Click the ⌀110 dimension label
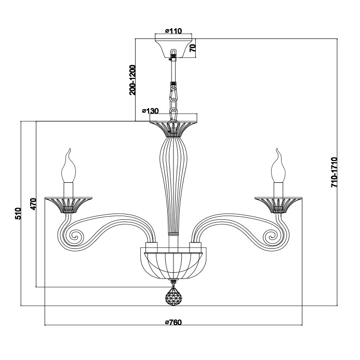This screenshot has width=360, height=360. pos(174,31)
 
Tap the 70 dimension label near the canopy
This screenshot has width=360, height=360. pos(193,47)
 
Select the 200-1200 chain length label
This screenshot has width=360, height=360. pos(132,80)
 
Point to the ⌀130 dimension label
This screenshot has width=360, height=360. pos(150,111)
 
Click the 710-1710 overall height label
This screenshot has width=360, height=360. pos(335,172)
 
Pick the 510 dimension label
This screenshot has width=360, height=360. pos(18,214)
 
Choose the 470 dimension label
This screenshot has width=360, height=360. pos(33,204)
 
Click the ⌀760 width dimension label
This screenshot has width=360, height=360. pos(174,323)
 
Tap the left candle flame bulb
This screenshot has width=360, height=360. pos(69,166)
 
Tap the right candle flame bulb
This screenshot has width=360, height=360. pos(278,166)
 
